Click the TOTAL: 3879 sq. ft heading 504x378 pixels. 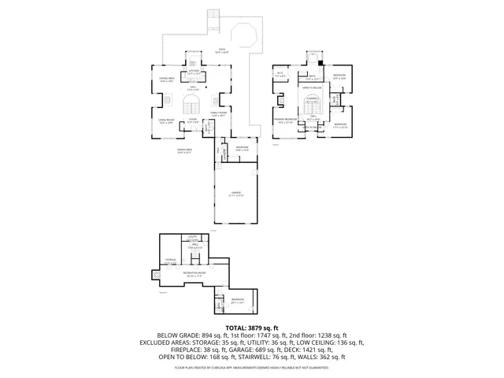(x=252, y=328)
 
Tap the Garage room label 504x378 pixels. (x=235, y=194)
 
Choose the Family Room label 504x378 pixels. (x=219, y=114)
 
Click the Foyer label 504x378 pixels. (x=192, y=121)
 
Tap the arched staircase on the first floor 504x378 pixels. (x=193, y=106)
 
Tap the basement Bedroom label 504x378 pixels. (x=237, y=300)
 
